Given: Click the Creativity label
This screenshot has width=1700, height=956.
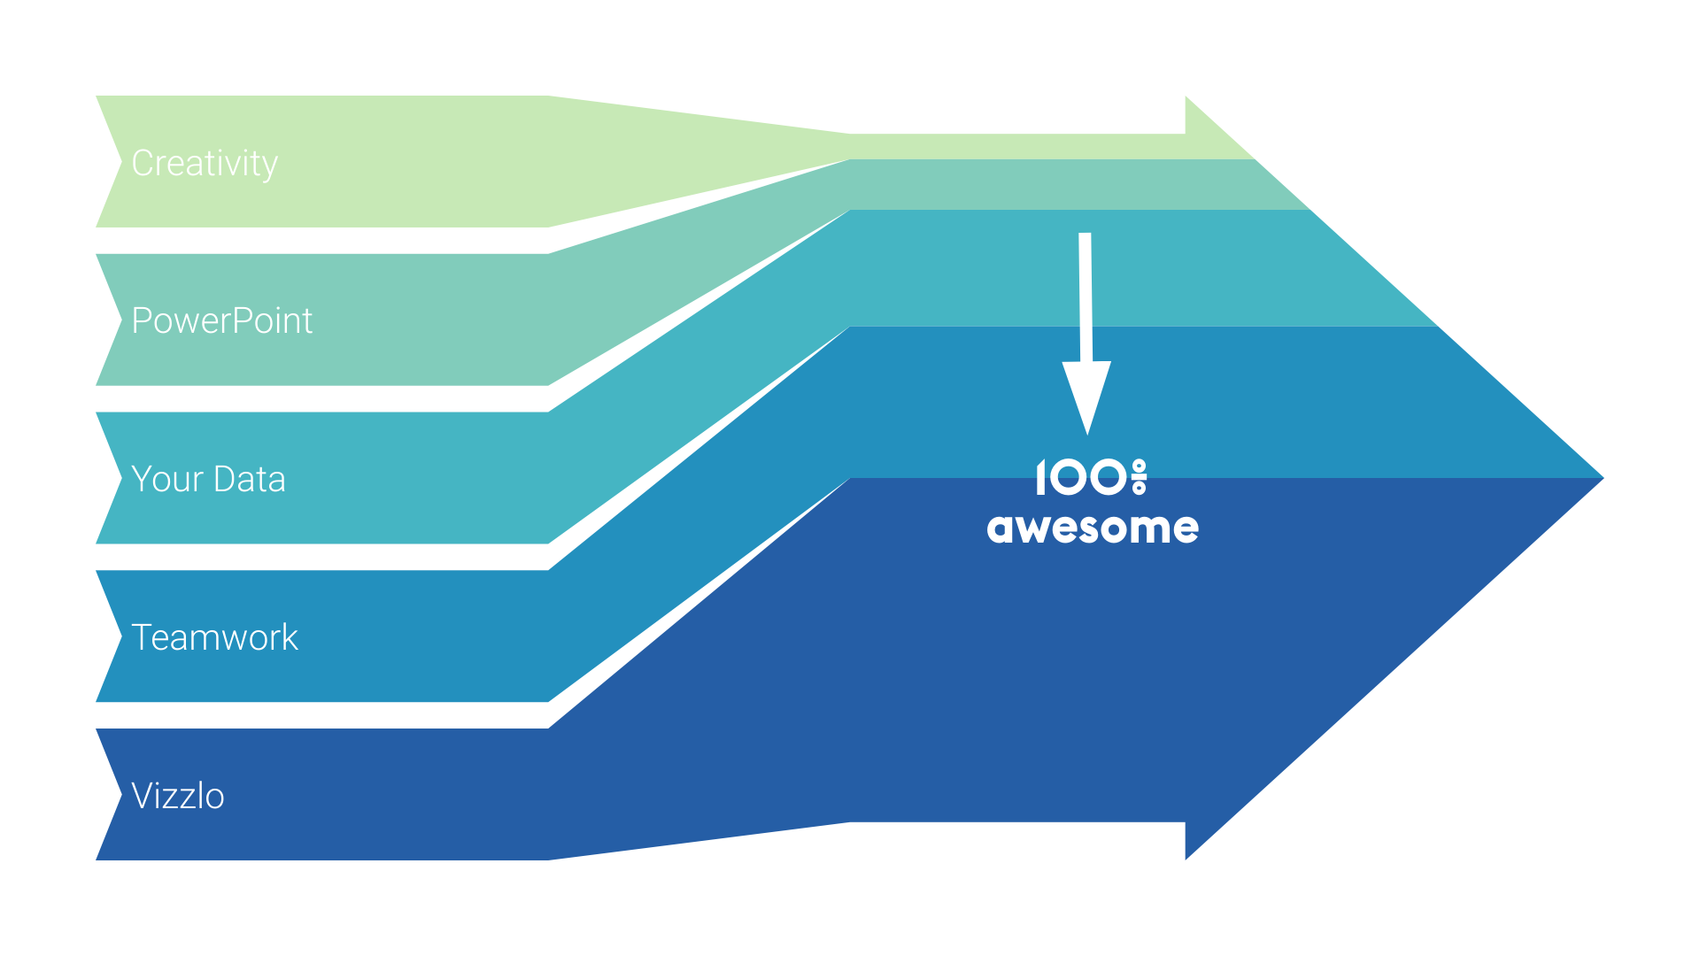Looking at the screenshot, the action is coord(205,164).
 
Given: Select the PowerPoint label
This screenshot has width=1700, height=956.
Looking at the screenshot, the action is coord(221,320).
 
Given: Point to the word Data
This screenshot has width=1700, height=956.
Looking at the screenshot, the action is coord(250,479).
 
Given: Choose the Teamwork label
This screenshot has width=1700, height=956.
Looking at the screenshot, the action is coord(214,637).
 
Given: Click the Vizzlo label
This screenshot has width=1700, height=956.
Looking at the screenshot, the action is coord(178,796).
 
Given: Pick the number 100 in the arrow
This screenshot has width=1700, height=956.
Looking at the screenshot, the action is coord(1081,477).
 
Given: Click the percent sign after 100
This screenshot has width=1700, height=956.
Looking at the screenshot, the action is coord(1139,477).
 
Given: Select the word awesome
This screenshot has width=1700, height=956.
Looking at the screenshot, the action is coord(1093,528).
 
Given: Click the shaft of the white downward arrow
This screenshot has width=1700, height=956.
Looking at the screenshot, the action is coord(1086,297).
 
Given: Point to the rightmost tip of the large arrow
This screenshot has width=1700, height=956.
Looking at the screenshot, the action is coord(1603,478).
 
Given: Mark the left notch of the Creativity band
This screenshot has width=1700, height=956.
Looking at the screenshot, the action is coord(121,162).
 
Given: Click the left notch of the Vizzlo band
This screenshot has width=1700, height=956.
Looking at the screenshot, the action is coord(121,795).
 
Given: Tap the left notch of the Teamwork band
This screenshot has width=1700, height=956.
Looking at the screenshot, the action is coord(121,636).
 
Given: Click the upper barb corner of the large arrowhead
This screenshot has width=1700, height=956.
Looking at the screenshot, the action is coord(1186,96).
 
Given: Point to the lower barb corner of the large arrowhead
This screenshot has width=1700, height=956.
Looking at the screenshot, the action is coord(1186,859).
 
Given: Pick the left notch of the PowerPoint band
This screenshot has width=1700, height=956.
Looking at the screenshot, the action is coord(121,320).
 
